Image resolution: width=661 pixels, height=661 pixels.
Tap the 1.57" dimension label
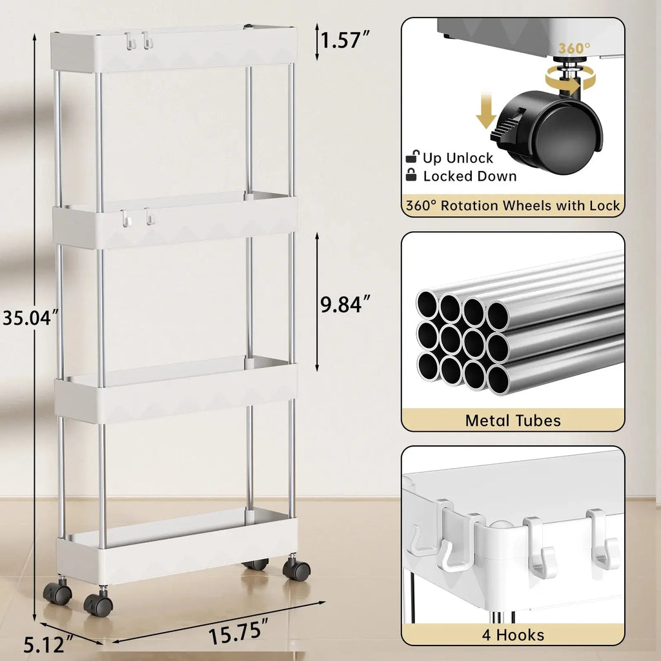(345, 41)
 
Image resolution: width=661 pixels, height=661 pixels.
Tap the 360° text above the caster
(575, 49)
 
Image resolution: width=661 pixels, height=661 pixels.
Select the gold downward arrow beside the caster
(485, 109)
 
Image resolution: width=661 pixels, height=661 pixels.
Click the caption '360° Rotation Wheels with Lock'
(513, 206)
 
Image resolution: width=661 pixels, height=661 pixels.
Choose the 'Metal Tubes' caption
(513, 421)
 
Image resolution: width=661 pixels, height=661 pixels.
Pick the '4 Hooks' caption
(513, 635)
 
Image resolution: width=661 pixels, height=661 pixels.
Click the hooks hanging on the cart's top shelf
(139, 41)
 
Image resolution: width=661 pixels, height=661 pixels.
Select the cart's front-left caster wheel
(98, 604)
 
